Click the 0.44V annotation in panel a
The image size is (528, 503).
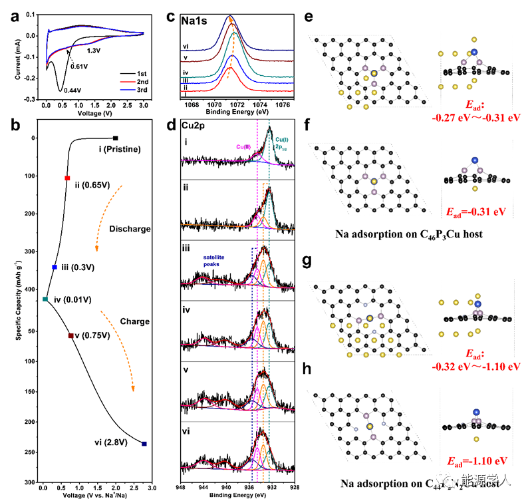[74, 91]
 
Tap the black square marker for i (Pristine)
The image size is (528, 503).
[116, 138]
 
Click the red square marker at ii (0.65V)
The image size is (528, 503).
[67, 178]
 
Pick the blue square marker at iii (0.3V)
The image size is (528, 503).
[55, 267]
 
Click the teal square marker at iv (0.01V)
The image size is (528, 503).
[45, 299]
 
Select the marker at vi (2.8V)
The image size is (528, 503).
[144, 444]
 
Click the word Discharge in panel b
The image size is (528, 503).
[131, 229]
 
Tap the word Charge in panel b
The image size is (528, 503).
[134, 321]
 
